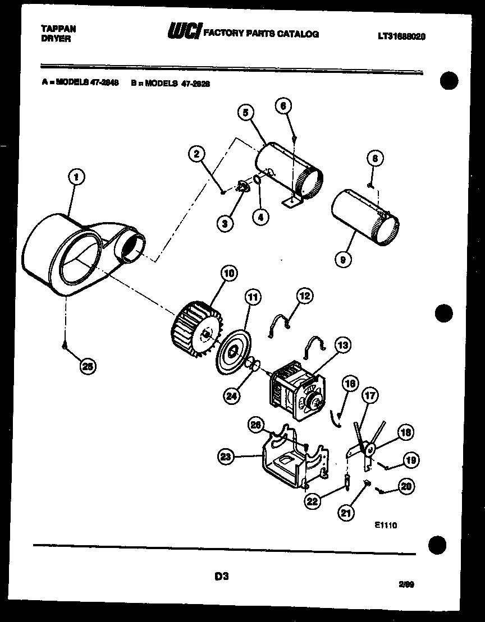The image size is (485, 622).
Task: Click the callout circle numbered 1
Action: point(76,177)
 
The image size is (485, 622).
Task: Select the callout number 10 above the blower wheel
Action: point(229,274)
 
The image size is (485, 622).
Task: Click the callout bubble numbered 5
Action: point(245,112)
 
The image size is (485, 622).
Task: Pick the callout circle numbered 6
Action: point(284,105)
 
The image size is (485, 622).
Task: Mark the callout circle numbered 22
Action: point(313,501)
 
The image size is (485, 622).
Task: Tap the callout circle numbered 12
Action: point(304,296)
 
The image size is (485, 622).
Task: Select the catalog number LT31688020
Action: point(401,35)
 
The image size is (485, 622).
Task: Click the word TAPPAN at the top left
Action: point(58,28)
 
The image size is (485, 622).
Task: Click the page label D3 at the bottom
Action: point(221,575)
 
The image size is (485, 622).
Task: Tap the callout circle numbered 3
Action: point(225,223)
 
